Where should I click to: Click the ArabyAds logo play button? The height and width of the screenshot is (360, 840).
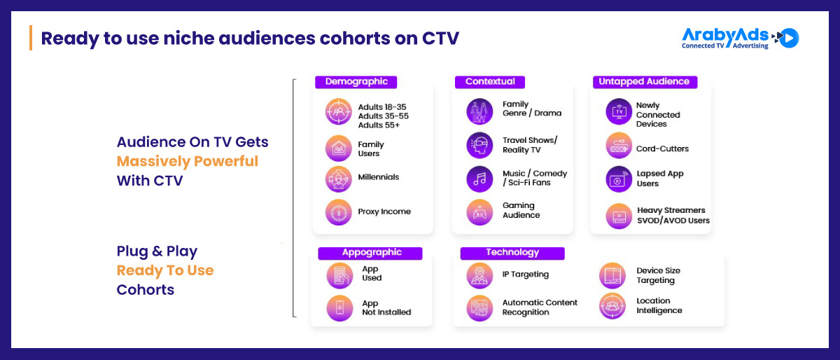(789, 38)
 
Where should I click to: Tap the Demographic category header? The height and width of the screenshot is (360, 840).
(356, 82)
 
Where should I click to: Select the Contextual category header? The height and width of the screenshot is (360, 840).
(490, 82)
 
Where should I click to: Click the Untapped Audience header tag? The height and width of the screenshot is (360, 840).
(645, 82)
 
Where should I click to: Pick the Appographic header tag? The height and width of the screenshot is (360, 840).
(370, 253)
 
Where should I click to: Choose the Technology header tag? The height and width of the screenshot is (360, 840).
(512, 253)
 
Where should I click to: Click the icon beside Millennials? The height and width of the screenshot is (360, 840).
(339, 179)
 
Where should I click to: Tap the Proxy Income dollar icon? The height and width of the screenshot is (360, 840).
(339, 212)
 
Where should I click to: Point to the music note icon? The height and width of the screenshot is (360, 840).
(479, 179)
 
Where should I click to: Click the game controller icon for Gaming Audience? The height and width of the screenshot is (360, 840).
(479, 212)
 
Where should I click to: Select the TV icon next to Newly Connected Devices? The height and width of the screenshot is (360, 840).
(619, 111)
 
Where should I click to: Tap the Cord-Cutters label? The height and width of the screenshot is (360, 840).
(662, 148)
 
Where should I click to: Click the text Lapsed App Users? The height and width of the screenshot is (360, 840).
(660, 179)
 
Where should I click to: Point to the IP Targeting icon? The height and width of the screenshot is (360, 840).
(479, 275)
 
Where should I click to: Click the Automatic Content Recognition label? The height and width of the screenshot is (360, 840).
(540, 307)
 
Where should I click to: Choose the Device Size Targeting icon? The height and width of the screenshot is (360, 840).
(612, 275)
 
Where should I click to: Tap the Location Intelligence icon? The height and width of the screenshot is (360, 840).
(612, 306)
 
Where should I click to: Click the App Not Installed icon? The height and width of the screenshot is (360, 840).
(339, 308)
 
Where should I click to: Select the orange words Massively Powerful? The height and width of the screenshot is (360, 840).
(188, 161)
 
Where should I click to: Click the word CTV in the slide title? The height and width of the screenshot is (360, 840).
(440, 39)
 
